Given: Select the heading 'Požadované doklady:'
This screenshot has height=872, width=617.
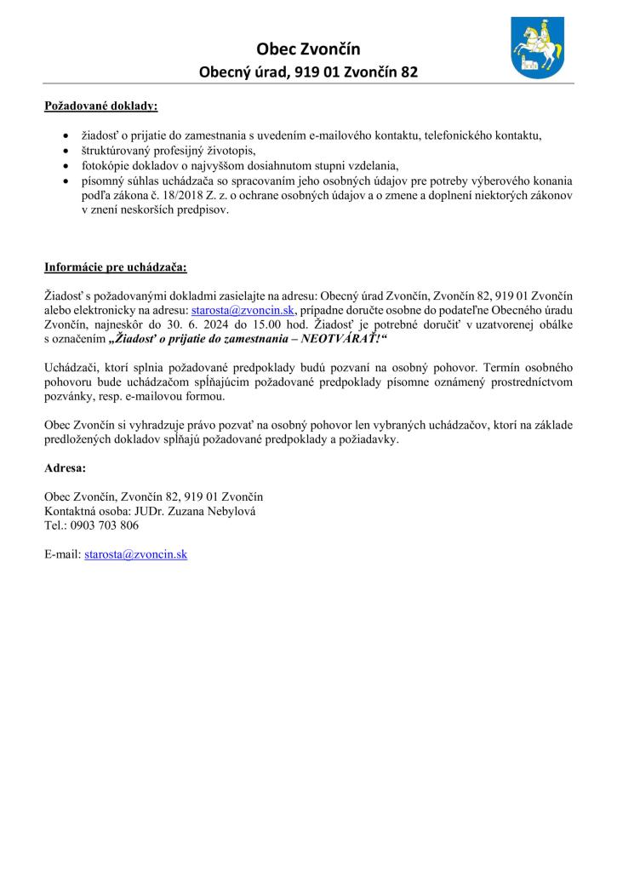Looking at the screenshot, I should pyautogui.click(x=101, y=107).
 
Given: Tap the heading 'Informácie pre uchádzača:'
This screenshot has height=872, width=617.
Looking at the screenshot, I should pyautogui.click(x=115, y=267).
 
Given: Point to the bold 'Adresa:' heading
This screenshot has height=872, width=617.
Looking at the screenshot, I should pyautogui.click(x=65, y=468).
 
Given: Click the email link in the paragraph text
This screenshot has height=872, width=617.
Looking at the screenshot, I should pyautogui.click(x=243, y=311).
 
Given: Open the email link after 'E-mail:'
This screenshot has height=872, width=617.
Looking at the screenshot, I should pyautogui.click(x=135, y=554).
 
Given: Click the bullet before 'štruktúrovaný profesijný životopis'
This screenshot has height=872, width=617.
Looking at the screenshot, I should pyautogui.click(x=66, y=151).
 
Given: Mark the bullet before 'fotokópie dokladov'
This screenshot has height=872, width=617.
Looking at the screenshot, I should pyautogui.click(x=66, y=165).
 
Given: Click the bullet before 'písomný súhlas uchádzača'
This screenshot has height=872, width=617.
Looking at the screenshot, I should pyautogui.click(x=66, y=181).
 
